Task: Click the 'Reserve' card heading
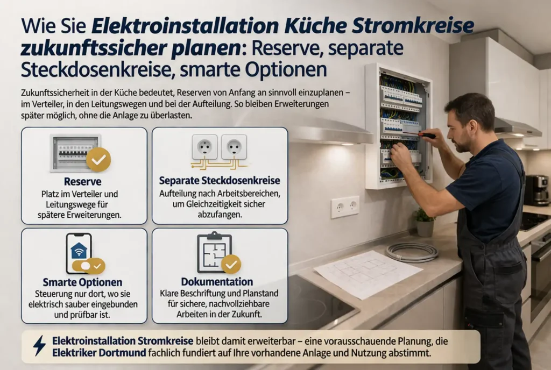click(x=82, y=181)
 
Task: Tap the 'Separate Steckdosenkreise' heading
click(x=220, y=181)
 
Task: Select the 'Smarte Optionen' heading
click(x=82, y=282)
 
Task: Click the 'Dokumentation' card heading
click(x=217, y=282)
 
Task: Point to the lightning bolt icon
click(x=39, y=346)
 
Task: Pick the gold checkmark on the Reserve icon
click(x=98, y=159)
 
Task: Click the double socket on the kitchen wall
click(x=345, y=207)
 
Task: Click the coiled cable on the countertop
click(x=413, y=251)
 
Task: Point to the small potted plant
click(x=425, y=222)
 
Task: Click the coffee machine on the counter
click(x=536, y=189)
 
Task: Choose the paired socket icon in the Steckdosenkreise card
click(x=220, y=148)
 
